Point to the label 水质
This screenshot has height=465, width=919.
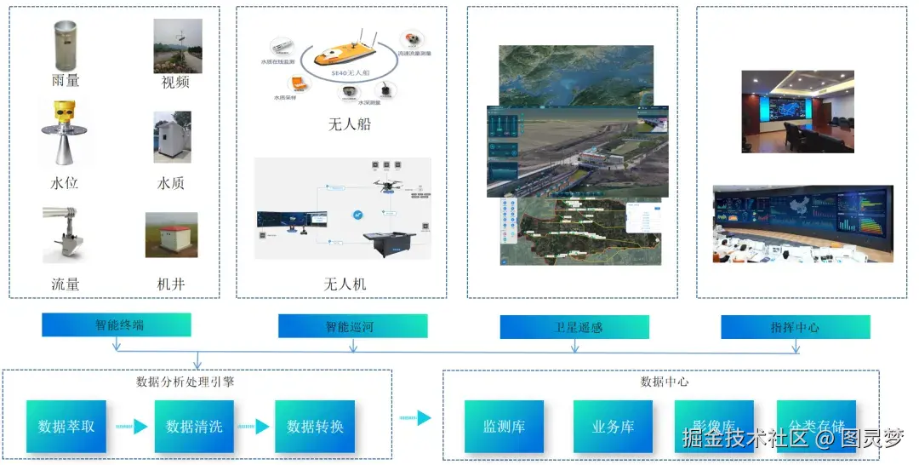point(171,183)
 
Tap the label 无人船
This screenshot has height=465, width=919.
point(349,125)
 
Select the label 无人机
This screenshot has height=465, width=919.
point(345,283)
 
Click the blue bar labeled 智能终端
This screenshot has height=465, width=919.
point(116,325)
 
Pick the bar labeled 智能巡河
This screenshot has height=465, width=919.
point(352,326)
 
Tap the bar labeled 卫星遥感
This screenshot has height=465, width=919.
point(574,327)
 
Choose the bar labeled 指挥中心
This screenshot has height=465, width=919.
point(795,327)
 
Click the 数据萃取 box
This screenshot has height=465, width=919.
point(66,426)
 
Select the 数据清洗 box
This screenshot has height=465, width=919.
point(194,426)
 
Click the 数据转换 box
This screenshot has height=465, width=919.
point(315,426)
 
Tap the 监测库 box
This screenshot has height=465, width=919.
point(504,426)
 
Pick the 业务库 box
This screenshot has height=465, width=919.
point(613,426)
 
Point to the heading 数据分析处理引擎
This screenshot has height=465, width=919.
point(185,382)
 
